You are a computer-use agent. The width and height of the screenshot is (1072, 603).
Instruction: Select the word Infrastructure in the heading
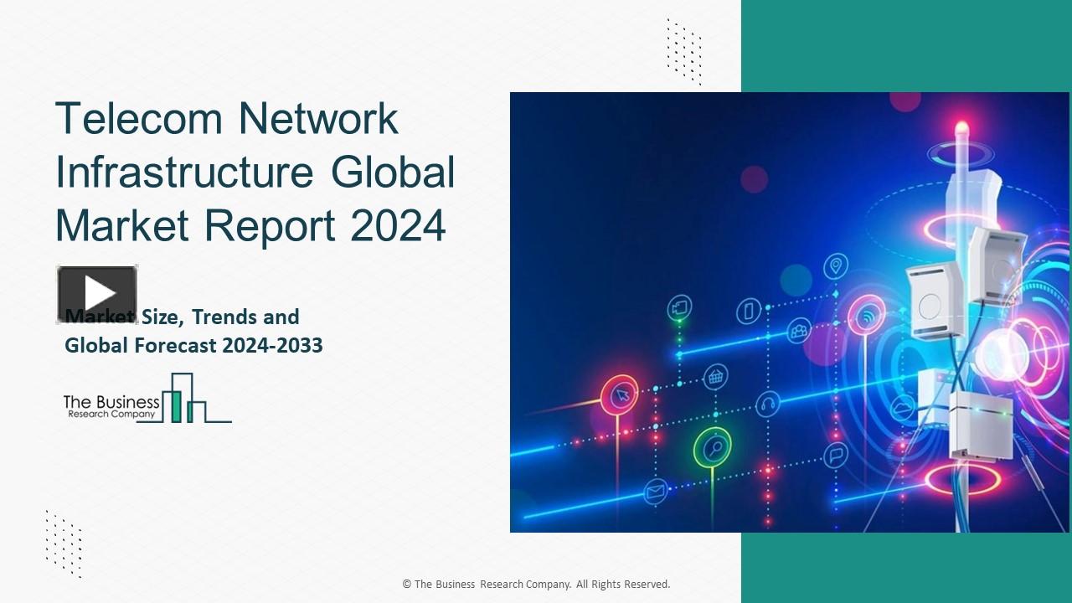click(184, 172)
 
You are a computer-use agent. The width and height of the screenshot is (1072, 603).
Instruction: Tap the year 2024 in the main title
click(399, 225)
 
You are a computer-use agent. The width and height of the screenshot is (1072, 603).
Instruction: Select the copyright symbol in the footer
click(406, 585)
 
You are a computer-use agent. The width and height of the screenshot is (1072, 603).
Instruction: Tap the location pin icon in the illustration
click(835, 267)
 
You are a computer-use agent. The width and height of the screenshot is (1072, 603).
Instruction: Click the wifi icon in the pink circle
click(867, 317)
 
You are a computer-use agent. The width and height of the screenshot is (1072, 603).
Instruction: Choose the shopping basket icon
click(715, 376)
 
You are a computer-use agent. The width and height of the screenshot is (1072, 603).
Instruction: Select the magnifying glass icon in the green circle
click(713, 448)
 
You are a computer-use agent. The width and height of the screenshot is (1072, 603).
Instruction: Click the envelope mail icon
click(655, 491)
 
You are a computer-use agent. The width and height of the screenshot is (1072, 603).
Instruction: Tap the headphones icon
click(767, 405)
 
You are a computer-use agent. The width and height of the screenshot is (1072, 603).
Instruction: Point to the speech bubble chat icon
click(835, 456)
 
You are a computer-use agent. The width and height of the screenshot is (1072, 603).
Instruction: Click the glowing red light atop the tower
click(961, 128)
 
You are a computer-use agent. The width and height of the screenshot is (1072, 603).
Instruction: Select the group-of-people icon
click(799, 331)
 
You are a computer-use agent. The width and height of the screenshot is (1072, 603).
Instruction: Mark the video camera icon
click(680, 307)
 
